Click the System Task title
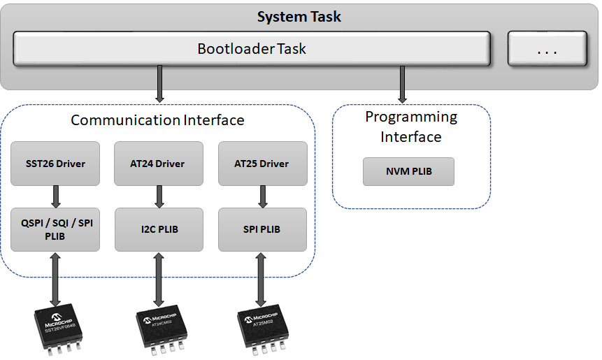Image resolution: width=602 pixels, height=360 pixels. point(299,17)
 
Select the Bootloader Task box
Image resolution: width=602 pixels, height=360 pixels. point(251,50)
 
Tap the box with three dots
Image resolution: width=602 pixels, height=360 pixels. point(547,50)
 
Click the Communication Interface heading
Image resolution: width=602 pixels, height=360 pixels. point(157,120)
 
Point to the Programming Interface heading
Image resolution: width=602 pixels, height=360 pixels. point(411,127)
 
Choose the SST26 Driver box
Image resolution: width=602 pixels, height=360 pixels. point(55,164)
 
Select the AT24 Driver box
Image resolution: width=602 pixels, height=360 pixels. point(159,164)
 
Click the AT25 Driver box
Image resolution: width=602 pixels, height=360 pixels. point(262,164)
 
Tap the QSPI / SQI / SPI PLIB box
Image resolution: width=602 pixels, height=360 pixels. point(55,229)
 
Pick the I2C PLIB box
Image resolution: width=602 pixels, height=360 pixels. point(159,229)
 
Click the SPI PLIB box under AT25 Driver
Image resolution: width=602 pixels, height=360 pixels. point(262,229)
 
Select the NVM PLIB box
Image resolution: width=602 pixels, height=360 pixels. point(408,171)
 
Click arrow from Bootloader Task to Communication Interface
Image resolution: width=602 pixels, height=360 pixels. point(160,83)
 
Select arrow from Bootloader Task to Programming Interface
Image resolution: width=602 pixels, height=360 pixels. point(403,83)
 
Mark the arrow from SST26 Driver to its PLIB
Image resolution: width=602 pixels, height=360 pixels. point(55,196)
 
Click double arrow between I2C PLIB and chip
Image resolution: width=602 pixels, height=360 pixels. point(159,280)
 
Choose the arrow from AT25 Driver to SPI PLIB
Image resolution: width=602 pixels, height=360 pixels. point(263,196)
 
